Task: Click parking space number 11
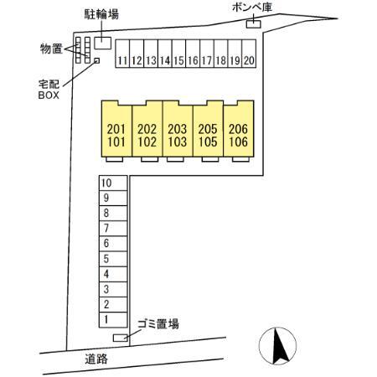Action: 122,54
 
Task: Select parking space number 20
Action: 249,54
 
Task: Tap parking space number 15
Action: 178,54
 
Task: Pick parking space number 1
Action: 113,320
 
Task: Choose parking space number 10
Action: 113,183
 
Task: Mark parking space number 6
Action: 113,244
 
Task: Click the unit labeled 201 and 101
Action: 116,129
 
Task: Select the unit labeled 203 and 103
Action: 178,129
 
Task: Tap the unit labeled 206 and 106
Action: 239,129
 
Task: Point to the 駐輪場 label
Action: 101,14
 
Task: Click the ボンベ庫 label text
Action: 251,8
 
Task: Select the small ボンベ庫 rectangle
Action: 254,24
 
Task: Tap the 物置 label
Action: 51,49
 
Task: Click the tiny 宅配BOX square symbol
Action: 97,60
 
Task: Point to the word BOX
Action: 49,96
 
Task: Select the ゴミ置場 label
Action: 158,324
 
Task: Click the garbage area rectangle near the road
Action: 121,338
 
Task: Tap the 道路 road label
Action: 96,359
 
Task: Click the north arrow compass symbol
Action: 277,346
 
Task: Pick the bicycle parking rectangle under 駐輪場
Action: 103,43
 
